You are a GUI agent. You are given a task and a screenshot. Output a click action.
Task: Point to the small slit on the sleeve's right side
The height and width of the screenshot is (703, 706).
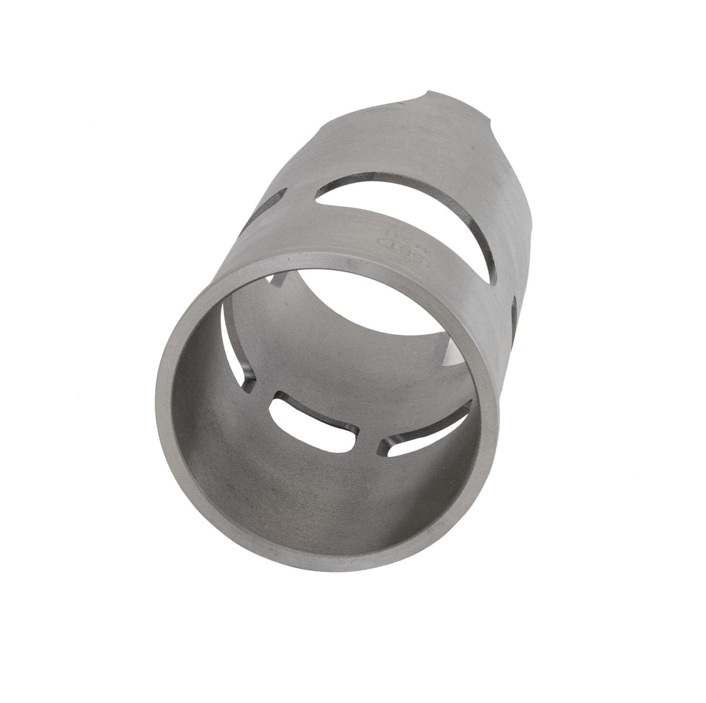(x=515, y=309)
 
